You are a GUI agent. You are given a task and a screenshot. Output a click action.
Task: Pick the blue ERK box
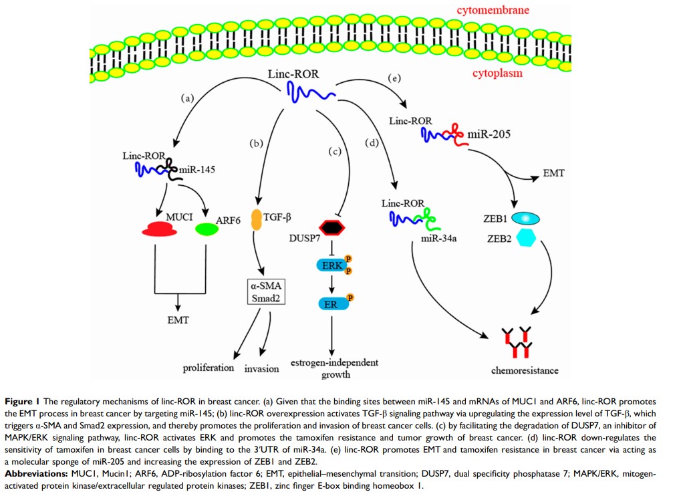(332, 266)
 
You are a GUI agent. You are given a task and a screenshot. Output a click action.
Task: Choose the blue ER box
(332, 303)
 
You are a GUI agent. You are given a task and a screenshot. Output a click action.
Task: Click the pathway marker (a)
(187, 98)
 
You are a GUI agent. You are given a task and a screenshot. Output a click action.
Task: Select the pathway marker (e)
(394, 79)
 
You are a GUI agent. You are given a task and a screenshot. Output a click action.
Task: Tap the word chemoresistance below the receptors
(525, 370)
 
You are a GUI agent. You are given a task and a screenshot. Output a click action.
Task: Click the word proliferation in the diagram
(209, 368)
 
